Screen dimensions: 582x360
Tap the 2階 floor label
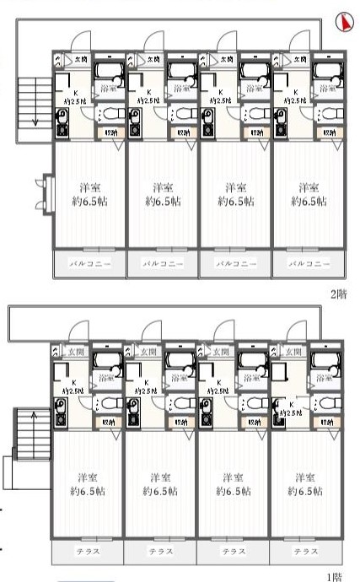(338, 294)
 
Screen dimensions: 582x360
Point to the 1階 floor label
(336, 577)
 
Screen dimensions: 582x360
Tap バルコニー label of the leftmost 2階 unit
(90, 263)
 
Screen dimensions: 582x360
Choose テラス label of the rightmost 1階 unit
(306, 551)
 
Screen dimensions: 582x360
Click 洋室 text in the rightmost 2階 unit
(309, 186)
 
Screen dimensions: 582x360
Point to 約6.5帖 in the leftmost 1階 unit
(87, 490)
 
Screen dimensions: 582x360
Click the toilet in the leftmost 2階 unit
(110, 114)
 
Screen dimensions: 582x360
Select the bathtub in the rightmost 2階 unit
(327, 68)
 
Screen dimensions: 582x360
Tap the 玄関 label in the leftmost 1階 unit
(76, 351)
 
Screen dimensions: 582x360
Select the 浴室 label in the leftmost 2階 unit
(108, 87)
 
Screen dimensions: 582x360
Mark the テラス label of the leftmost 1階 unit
(88, 551)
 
